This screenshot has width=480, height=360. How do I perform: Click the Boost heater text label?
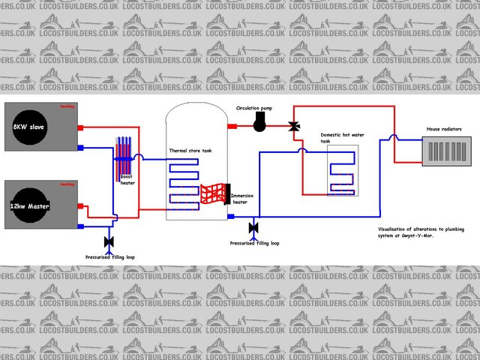[x=127, y=181]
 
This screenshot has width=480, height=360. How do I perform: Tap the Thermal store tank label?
[x=190, y=151]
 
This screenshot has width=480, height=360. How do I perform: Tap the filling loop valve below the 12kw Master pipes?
[x=109, y=241]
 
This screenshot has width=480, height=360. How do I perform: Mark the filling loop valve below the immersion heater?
[x=253, y=226]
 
